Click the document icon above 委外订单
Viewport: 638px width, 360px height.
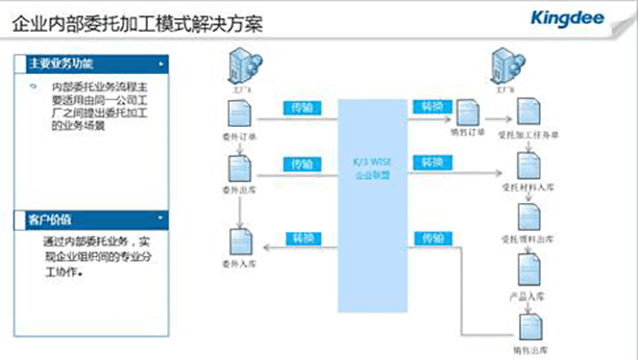[241, 114]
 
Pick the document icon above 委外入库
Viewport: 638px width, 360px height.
[241, 242]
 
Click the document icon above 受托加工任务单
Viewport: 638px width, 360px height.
[527, 114]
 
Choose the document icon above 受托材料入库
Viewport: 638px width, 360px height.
[528, 165]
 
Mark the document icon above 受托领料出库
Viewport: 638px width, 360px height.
[528, 216]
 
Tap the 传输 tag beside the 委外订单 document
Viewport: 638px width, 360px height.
[301, 106]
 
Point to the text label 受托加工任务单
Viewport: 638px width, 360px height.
[529, 136]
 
